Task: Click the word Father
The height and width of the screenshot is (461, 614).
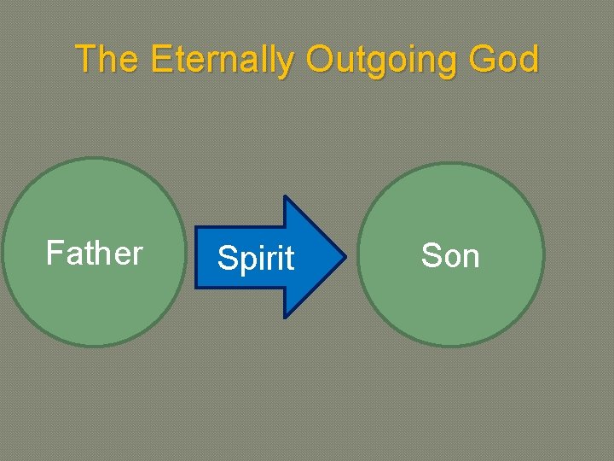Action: point(94,254)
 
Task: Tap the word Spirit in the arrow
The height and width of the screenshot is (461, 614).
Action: point(256,258)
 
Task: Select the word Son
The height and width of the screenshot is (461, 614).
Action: point(450,255)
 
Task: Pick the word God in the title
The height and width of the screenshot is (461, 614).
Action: point(507,60)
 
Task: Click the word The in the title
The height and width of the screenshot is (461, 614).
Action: point(108,60)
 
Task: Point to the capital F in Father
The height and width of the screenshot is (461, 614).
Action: point(54,253)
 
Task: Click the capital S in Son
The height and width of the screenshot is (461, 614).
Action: point(431,255)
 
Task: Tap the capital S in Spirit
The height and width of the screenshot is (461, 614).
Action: point(226,258)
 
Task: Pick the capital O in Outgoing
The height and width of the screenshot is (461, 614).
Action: point(319,60)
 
